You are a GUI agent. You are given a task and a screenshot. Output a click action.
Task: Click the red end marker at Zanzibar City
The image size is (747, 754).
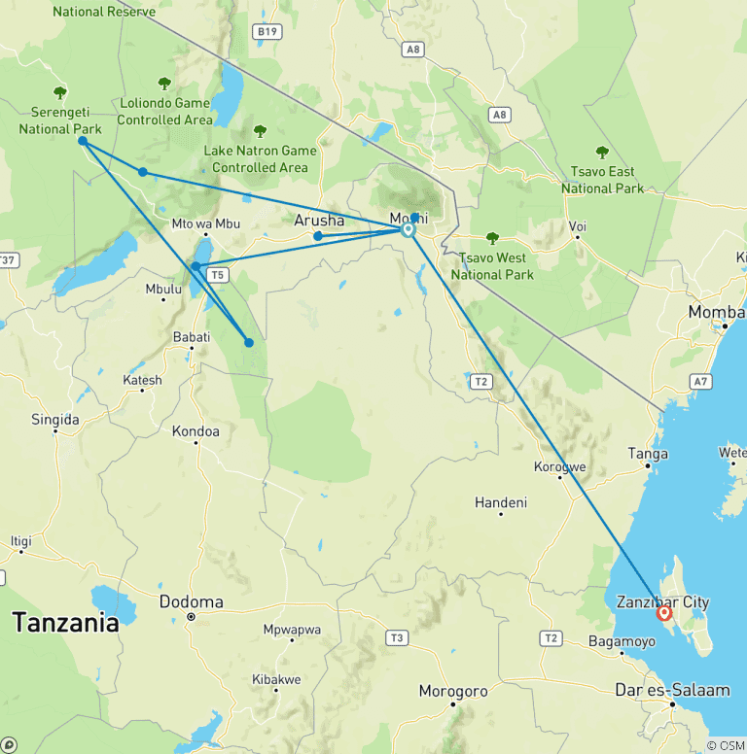(x=664, y=613)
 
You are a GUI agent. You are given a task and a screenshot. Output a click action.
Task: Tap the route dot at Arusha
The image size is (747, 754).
(x=318, y=236)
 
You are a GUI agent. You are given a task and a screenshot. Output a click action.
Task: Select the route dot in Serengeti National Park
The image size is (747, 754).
(x=83, y=141)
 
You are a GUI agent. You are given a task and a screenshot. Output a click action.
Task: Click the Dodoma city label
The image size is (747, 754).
(x=191, y=601)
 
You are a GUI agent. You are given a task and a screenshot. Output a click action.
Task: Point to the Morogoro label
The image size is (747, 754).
(x=452, y=691)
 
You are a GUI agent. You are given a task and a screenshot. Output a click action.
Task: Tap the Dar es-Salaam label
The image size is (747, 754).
(x=671, y=691)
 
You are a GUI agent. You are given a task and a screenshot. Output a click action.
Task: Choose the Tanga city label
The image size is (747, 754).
(x=648, y=454)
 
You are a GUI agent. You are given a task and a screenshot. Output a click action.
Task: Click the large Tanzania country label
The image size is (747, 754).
(x=65, y=623)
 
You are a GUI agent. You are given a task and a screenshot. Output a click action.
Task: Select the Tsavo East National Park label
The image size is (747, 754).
(x=602, y=180)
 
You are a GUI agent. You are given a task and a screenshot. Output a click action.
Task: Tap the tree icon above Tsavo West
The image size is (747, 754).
(x=492, y=238)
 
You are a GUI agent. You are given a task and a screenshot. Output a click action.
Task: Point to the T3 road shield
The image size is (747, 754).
(x=395, y=637)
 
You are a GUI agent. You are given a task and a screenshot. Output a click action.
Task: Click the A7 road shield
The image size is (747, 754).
(x=698, y=381)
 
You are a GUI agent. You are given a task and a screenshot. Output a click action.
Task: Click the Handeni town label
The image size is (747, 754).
(x=500, y=502)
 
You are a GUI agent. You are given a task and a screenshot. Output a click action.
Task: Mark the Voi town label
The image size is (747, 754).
(x=578, y=227)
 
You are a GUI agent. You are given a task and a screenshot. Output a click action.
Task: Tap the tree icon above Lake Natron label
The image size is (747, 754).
(x=260, y=131)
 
